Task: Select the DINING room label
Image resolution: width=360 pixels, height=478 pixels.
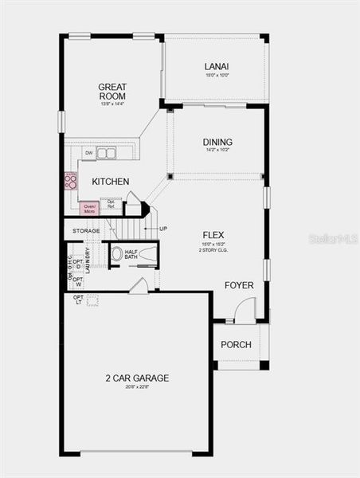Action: (x=217, y=143)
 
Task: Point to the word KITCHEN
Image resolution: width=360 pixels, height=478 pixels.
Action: (x=110, y=182)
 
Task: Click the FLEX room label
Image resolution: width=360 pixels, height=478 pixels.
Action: (x=213, y=234)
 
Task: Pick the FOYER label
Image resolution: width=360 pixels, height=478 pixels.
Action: (x=239, y=284)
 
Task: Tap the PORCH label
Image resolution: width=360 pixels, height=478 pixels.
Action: (x=237, y=344)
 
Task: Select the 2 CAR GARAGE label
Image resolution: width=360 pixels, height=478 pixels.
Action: (x=137, y=378)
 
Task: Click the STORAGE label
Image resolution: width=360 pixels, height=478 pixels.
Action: (x=86, y=231)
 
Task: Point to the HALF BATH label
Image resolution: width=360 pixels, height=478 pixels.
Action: (x=131, y=254)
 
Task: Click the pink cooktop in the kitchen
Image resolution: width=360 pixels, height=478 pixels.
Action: (x=70, y=181)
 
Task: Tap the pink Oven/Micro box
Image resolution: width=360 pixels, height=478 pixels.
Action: (x=89, y=209)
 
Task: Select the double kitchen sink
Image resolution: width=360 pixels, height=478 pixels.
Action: (x=106, y=153)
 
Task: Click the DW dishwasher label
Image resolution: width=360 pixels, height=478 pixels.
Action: (x=88, y=153)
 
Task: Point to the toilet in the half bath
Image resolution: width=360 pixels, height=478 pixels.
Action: (x=116, y=254)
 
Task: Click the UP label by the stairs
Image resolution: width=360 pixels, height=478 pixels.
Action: (x=162, y=229)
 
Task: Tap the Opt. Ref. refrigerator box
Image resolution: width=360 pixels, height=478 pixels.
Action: (x=112, y=204)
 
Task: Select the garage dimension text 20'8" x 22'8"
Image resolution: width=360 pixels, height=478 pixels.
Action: (x=137, y=389)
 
